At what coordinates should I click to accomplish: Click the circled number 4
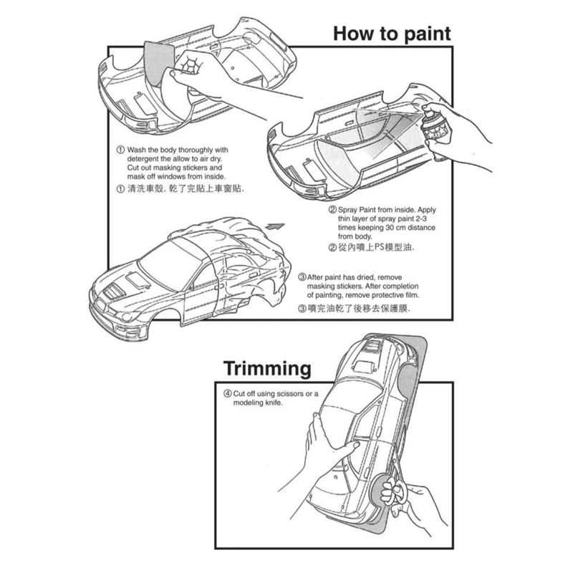pyautogui.click(x=227, y=393)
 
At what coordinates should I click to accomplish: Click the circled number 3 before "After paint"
pyautogui.click(x=302, y=276)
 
